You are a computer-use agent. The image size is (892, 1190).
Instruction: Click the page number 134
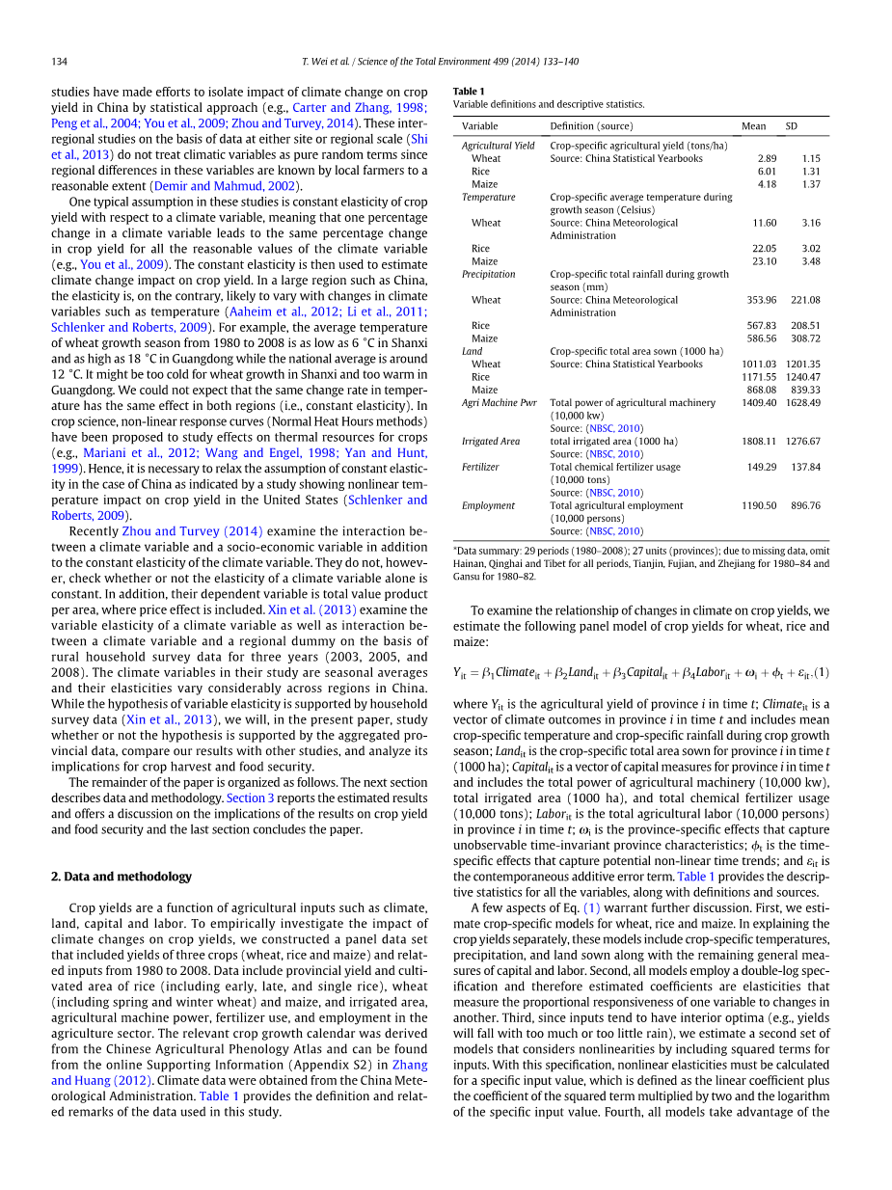[x=59, y=62]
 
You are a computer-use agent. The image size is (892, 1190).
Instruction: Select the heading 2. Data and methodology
[x=121, y=877]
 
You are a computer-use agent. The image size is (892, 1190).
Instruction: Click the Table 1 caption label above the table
[x=469, y=92]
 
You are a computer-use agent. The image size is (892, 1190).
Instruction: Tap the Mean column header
[x=753, y=126]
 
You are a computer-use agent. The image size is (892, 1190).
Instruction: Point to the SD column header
[x=791, y=126]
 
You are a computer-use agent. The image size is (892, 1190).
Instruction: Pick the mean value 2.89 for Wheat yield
[x=767, y=158]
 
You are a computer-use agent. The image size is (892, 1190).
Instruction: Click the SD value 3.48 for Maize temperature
[x=810, y=261]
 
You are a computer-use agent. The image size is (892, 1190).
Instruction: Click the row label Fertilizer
[x=480, y=467]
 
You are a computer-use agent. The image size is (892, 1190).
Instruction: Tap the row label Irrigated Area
[x=490, y=442]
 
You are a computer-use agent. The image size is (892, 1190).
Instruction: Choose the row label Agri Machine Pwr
[x=499, y=403]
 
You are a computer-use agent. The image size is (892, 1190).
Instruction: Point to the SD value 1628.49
[x=802, y=403]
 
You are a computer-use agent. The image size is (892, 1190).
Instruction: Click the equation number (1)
[x=822, y=672]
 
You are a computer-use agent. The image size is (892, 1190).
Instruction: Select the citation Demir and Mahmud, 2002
[x=226, y=186]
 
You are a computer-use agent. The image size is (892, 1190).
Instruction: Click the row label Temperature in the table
[x=488, y=197]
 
